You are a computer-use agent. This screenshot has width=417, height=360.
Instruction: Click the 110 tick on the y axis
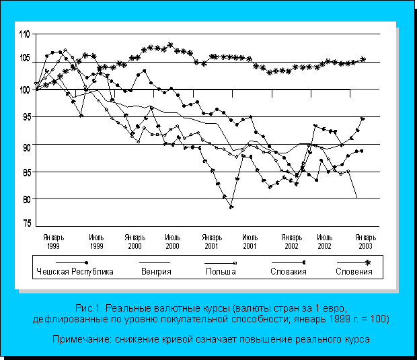pyautogui.click(x=24, y=34)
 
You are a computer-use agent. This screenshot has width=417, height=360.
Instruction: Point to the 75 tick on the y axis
pyautogui.click(x=24, y=223)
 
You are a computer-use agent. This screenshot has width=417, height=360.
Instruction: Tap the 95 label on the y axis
pyautogui.click(x=24, y=117)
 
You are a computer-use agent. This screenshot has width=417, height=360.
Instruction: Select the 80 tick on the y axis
pyautogui.click(x=24, y=199)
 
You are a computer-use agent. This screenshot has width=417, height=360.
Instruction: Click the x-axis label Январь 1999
pyautogui.click(x=53, y=242)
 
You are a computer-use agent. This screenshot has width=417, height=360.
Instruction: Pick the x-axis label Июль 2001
pyautogui.click(x=249, y=242)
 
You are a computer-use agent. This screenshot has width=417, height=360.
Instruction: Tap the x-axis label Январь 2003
pyautogui.click(x=365, y=242)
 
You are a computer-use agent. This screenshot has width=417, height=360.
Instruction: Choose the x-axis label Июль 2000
pyautogui.click(x=172, y=242)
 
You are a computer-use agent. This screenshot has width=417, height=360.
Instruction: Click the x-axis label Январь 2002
pyautogui.click(x=291, y=242)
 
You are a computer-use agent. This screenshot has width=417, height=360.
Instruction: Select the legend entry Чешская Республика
pyautogui.click(x=74, y=272)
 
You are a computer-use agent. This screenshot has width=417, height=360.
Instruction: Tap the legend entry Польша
pyautogui.click(x=221, y=272)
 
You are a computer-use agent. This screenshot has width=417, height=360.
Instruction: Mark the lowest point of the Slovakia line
pyautogui.click(x=231, y=207)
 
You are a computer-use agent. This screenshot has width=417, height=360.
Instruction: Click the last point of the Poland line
pyautogui.click(x=356, y=198)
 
